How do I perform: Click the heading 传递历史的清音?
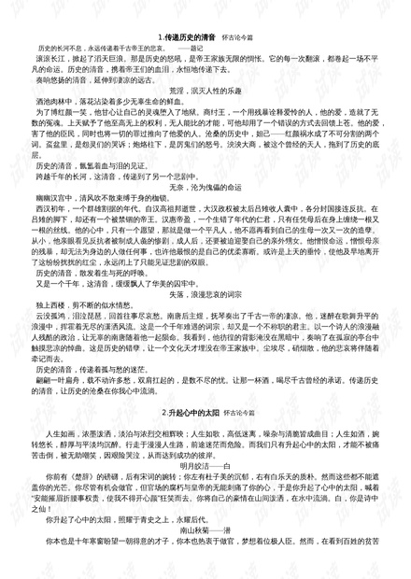(191, 35)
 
